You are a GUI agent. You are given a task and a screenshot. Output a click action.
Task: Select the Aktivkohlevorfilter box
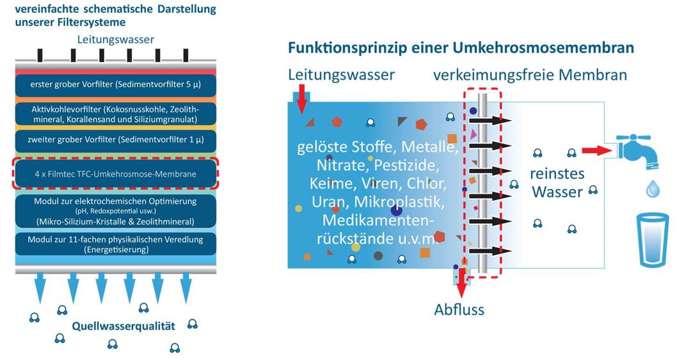click(116, 114)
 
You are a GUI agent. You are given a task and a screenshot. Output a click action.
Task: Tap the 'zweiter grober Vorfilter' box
click(116, 140)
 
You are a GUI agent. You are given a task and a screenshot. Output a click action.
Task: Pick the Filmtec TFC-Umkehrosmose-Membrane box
click(116, 173)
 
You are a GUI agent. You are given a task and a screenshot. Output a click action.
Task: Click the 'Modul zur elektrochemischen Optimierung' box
click(116, 211)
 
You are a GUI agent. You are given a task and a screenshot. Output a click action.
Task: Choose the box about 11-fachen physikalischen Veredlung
click(116, 244)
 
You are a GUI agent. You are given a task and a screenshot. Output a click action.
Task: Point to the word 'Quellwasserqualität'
click(123, 326)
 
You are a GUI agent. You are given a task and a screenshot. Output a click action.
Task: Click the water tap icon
click(637, 151)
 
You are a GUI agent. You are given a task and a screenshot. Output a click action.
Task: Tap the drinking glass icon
click(653, 239)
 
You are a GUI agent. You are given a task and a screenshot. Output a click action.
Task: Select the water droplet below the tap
click(653, 189)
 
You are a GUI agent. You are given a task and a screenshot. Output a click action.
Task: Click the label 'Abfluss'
click(459, 309)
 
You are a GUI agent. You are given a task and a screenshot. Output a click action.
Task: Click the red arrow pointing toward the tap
click(597, 150)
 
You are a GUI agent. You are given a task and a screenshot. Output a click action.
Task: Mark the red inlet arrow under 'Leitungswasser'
click(301, 99)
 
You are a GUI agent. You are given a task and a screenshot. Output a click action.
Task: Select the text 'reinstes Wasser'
click(557, 183)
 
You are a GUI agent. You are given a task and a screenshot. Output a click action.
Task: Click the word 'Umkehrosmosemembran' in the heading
click(543, 47)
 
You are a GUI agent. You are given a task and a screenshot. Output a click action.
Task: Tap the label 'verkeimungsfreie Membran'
click(530, 75)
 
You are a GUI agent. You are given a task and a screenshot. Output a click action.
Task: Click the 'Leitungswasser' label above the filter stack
click(116, 40)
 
